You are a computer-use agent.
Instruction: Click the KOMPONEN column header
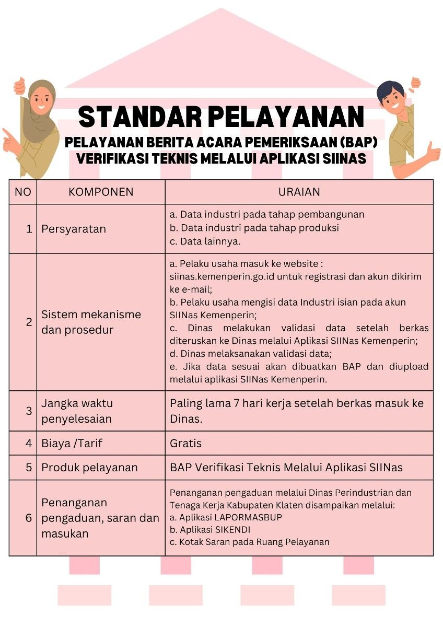coord(101,192)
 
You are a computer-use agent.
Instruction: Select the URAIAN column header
coord(299,192)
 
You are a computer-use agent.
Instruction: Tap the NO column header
coord(22,192)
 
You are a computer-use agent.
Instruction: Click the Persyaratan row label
coord(74,229)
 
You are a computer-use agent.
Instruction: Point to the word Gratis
coord(185,443)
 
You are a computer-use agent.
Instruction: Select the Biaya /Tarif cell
coord(72,443)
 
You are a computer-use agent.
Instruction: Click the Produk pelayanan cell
coord(89,467)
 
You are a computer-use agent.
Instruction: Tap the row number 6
coord(29,518)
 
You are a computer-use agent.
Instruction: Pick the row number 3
coord(29,411)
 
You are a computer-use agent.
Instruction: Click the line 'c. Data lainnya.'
coord(205,241)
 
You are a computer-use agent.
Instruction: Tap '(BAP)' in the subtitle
coord(360,143)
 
